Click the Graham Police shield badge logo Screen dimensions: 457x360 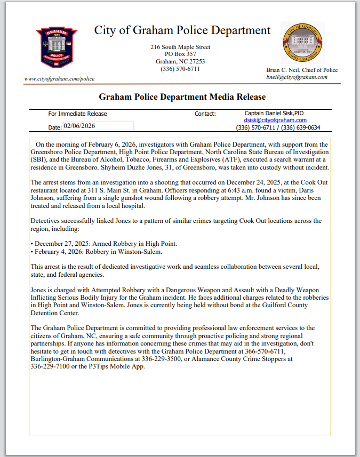tap(53, 47)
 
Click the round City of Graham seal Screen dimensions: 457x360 tap(302, 43)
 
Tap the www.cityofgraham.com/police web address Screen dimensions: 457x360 tap(59, 79)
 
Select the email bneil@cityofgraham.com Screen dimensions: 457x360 tap(297, 77)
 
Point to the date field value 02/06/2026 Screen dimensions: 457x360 tap(78, 126)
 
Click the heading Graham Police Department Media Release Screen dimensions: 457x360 tap(182, 97)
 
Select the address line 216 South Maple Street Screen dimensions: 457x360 tap(180, 47)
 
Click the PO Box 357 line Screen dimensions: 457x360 tap(180, 54)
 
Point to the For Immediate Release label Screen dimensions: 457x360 tap(77, 114)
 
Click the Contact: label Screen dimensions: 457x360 tap(205, 114)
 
